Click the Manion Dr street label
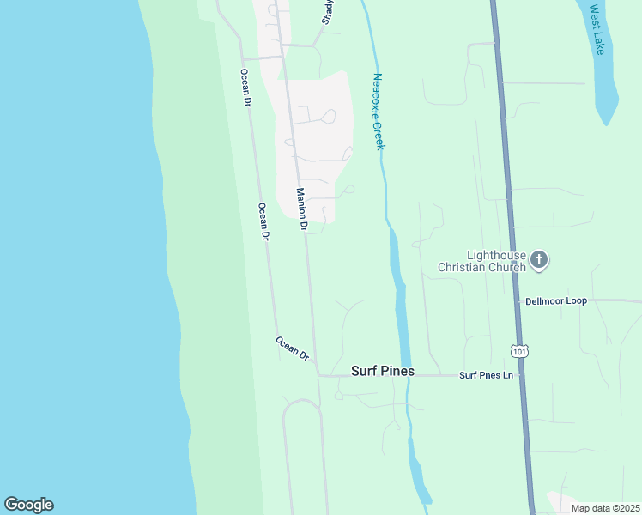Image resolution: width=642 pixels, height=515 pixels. [x=302, y=209]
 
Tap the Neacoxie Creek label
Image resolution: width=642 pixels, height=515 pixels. [x=379, y=112]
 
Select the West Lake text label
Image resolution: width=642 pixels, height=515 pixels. [x=597, y=31]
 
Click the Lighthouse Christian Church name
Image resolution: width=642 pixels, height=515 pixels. [x=481, y=261]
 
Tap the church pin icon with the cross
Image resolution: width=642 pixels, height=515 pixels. [x=539, y=259]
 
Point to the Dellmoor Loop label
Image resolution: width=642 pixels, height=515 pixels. [x=555, y=301]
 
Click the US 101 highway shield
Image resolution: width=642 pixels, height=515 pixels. [x=518, y=352]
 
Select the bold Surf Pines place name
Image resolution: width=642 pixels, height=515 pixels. [x=383, y=372]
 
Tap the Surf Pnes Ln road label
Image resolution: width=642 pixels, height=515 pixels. [x=486, y=375]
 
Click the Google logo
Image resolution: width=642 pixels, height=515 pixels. [x=28, y=505]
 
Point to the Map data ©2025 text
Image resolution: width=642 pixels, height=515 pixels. [x=605, y=508]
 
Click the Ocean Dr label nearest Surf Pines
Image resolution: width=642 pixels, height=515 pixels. [x=292, y=347]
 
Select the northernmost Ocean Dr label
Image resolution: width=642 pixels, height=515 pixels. [x=245, y=88]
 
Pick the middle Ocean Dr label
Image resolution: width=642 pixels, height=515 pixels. [x=264, y=221]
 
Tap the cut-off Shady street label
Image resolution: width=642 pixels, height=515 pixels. [x=328, y=11]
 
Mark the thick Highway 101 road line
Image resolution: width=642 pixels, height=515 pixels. [x=506, y=172]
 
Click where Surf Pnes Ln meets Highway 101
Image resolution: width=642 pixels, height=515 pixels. [x=523, y=376]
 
